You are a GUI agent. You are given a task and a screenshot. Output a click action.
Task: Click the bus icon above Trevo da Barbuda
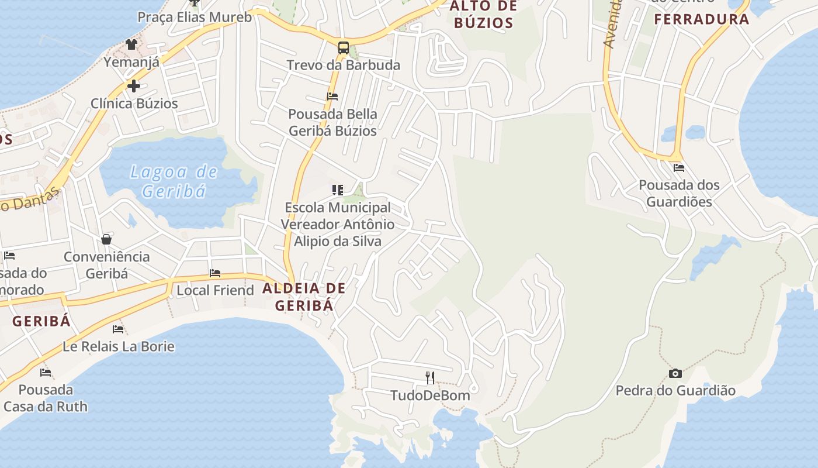[x=344, y=47]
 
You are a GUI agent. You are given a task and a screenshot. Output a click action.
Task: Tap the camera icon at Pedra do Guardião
[x=675, y=373]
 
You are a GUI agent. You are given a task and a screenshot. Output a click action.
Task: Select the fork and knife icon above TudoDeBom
[x=430, y=377]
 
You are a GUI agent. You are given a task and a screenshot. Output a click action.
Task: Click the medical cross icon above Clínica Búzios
[x=134, y=86]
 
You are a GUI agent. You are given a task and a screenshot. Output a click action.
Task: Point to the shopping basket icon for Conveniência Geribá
[x=106, y=239]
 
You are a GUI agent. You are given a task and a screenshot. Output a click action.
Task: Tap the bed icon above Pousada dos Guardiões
[x=678, y=167]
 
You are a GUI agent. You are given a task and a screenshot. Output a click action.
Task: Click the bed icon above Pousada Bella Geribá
[x=332, y=97]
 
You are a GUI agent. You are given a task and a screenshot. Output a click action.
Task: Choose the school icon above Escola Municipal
[x=337, y=190]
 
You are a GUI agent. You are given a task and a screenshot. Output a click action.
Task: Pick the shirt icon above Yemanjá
[x=131, y=44]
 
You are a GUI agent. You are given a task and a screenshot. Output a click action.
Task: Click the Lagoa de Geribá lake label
[x=174, y=181]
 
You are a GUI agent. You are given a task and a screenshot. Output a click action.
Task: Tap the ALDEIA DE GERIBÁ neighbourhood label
[x=304, y=297]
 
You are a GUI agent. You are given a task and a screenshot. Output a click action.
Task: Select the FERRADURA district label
[x=701, y=19]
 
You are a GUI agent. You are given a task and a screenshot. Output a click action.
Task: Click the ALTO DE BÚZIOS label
[x=483, y=15]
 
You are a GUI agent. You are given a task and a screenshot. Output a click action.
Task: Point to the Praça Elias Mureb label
[x=195, y=17]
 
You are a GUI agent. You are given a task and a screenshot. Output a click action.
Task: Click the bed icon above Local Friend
[x=215, y=273]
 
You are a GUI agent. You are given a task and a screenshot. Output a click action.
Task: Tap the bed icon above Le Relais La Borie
[x=118, y=329]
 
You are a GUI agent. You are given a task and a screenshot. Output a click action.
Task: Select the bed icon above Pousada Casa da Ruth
[x=46, y=373]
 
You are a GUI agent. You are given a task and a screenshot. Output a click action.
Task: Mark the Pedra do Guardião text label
[x=675, y=390]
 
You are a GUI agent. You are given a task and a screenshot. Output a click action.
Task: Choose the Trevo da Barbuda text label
[x=343, y=65]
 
